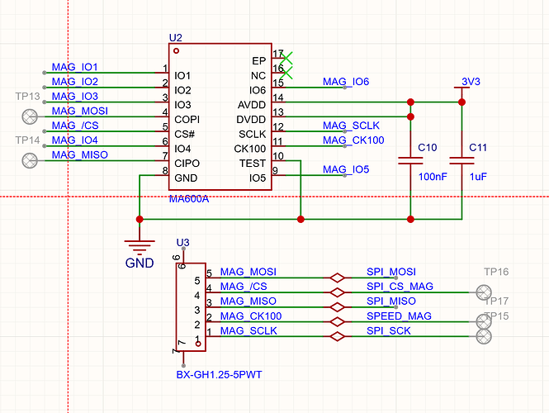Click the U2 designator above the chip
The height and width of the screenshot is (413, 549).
click(x=175, y=37)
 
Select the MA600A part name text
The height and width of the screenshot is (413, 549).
click(x=189, y=199)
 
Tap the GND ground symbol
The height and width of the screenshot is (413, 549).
click(x=140, y=247)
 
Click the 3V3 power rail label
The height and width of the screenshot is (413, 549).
click(x=471, y=82)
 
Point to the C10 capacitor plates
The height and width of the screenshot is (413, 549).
click(x=410, y=161)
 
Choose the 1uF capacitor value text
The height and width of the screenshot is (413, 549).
click(x=478, y=177)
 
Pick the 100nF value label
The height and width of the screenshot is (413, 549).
click(x=433, y=177)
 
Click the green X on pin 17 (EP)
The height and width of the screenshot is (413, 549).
click(x=286, y=58)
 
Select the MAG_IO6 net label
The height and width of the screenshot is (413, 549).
click(x=346, y=82)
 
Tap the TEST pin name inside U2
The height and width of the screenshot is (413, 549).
click(x=253, y=164)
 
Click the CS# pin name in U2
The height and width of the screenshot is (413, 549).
click(x=185, y=134)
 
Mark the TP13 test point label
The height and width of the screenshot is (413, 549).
click(x=28, y=97)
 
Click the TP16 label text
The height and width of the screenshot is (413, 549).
click(x=496, y=272)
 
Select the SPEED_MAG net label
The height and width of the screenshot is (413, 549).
click(x=399, y=316)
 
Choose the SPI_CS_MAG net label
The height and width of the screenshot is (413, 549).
click(x=400, y=287)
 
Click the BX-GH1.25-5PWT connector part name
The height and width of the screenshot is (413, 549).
click(x=219, y=375)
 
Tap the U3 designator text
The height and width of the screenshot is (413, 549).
click(x=182, y=242)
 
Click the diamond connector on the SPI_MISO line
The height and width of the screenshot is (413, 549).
click(x=337, y=307)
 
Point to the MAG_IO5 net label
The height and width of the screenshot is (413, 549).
click(x=346, y=169)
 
